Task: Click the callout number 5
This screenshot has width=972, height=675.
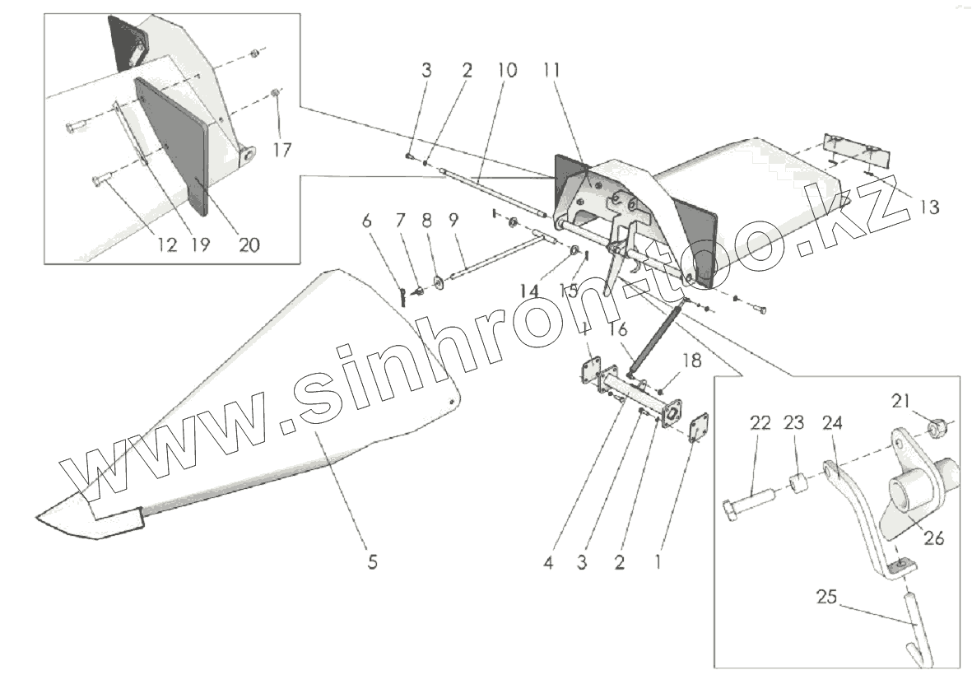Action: pyautogui.click(x=372, y=563)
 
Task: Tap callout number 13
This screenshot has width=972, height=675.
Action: pyautogui.click(x=928, y=208)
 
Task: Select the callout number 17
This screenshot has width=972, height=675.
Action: pyautogui.click(x=283, y=151)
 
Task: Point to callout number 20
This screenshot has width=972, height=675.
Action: pyautogui.click(x=249, y=244)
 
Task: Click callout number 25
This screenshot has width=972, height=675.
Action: pyautogui.click(x=826, y=598)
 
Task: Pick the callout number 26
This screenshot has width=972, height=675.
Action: pyautogui.click(x=933, y=539)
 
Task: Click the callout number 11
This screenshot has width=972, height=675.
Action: pyautogui.click(x=551, y=71)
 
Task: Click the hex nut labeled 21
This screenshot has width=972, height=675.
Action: pyautogui.click(x=935, y=427)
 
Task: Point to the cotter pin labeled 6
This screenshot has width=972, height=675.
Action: pyautogui.click(x=402, y=296)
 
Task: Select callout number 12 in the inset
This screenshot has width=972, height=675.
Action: pyautogui.click(x=167, y=244)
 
